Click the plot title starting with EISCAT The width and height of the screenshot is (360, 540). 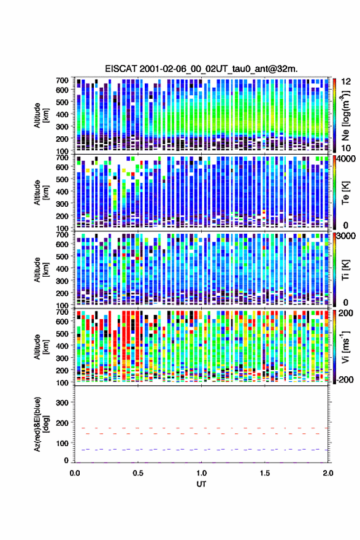click(x=201, y=69)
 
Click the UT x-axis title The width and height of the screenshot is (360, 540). click(x=201, y=484)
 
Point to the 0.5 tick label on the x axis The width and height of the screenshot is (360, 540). click(x=138, y=473)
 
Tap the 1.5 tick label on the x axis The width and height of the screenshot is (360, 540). click(x=265, y=473)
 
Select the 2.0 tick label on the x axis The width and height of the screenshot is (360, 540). click(x=328, y=473)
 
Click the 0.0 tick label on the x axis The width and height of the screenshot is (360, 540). click(x=75, y=473)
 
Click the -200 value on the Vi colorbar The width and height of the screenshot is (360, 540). click(x=345, y=379)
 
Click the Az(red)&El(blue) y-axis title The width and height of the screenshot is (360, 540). click(x=40, y=424)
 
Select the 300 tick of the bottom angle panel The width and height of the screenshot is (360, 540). click(x=62, y=403)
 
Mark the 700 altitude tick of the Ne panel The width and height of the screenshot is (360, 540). click(x=62, y=80)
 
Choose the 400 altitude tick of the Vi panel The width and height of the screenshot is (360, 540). click(x=62, y=345)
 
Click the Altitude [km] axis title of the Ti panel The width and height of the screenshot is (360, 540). click(x=41, y=269)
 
